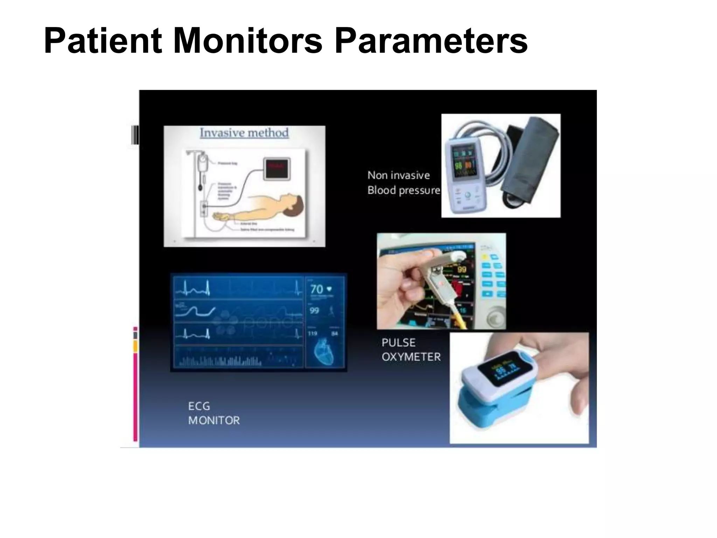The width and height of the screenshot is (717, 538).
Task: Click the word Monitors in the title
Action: pos(247,41)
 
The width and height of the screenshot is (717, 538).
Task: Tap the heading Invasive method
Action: pos(244,133)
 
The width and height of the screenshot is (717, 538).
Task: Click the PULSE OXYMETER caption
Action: pos(410,350)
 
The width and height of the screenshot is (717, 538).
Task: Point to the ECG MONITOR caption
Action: pos(214,413)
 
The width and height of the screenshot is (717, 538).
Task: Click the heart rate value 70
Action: pos(317,289)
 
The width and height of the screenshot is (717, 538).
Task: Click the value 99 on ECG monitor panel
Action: pos(314,311)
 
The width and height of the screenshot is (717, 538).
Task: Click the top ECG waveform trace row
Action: pos(238,288)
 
